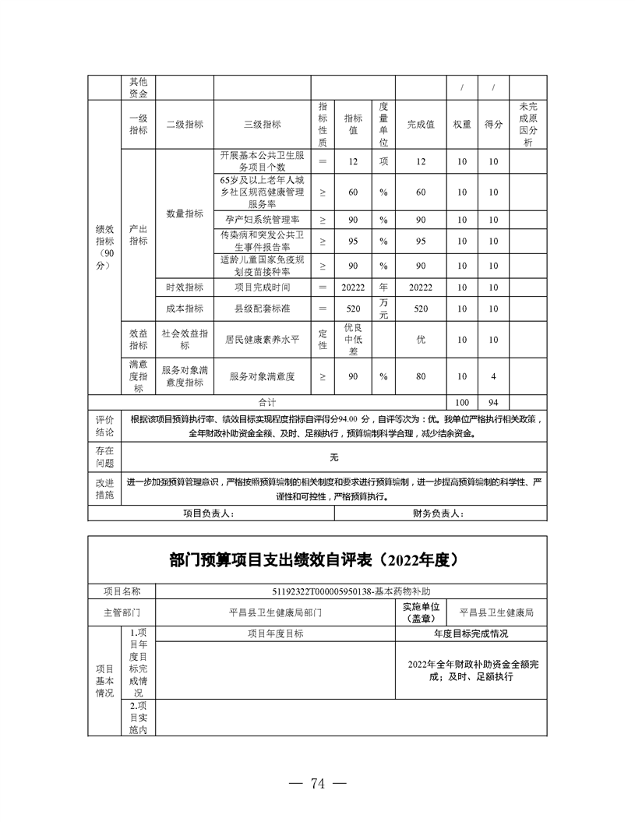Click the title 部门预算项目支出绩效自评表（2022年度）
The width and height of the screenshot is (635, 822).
[317, 559]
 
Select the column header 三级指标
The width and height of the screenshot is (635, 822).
[262, 125]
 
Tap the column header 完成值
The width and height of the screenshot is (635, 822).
[421, 125]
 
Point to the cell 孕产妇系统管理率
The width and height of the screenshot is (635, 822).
[262, 220]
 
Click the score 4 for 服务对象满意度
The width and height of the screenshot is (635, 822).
[492, 377]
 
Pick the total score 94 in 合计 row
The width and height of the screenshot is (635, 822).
[492, 403]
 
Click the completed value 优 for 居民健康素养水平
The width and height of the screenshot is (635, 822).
[421, 340]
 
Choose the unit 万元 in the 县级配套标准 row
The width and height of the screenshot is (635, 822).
[383, 309]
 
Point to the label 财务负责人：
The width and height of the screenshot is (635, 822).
[439, 513]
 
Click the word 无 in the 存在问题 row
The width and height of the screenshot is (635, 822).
[334, 457]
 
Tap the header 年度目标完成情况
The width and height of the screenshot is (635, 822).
[471, 634]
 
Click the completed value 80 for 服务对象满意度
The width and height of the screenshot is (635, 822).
[421, 377]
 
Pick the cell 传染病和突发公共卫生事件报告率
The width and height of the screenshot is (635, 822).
[262, 242]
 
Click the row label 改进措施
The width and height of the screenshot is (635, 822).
[104, 489]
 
